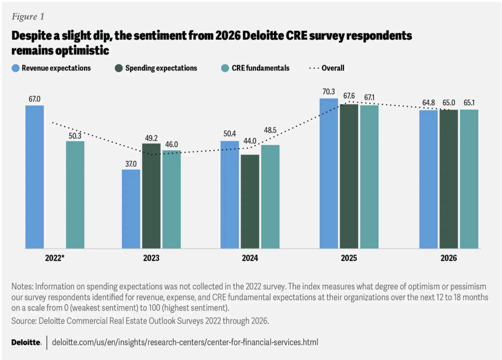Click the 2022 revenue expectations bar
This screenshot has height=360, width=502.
point(34,177)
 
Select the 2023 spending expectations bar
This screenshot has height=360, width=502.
point(151,196)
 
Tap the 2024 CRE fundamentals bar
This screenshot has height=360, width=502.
point(270,197)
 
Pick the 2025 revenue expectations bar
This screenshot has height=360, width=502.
point(328,174)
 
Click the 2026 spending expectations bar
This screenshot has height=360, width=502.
point(449,179)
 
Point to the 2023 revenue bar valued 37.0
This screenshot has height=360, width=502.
point(131,209)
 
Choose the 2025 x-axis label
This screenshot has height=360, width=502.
point(349,257)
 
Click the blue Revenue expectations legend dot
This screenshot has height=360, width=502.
point(15,68)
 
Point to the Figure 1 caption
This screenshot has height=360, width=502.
point(28,17)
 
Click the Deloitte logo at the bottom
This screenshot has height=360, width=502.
point(26,342)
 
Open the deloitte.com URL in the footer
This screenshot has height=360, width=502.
point(185,342)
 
